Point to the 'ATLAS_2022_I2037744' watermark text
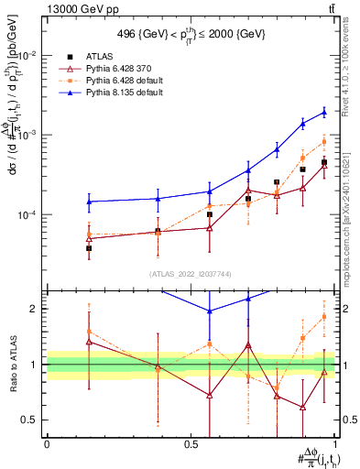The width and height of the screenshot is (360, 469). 191,275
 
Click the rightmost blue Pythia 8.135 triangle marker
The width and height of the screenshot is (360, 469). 324,113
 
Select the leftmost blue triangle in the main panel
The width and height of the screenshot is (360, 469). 89,202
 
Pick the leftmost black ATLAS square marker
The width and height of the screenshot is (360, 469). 89,248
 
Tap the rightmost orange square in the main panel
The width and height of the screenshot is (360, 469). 324,142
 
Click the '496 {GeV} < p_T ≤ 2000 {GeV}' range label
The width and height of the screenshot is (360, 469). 191,34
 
